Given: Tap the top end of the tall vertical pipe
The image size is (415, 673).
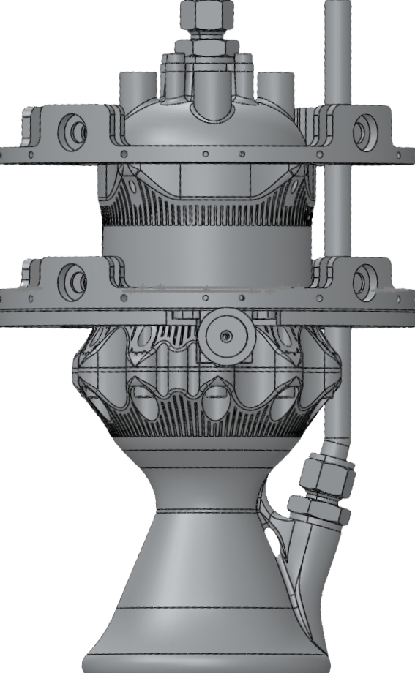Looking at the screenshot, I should [x=337, y=6].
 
